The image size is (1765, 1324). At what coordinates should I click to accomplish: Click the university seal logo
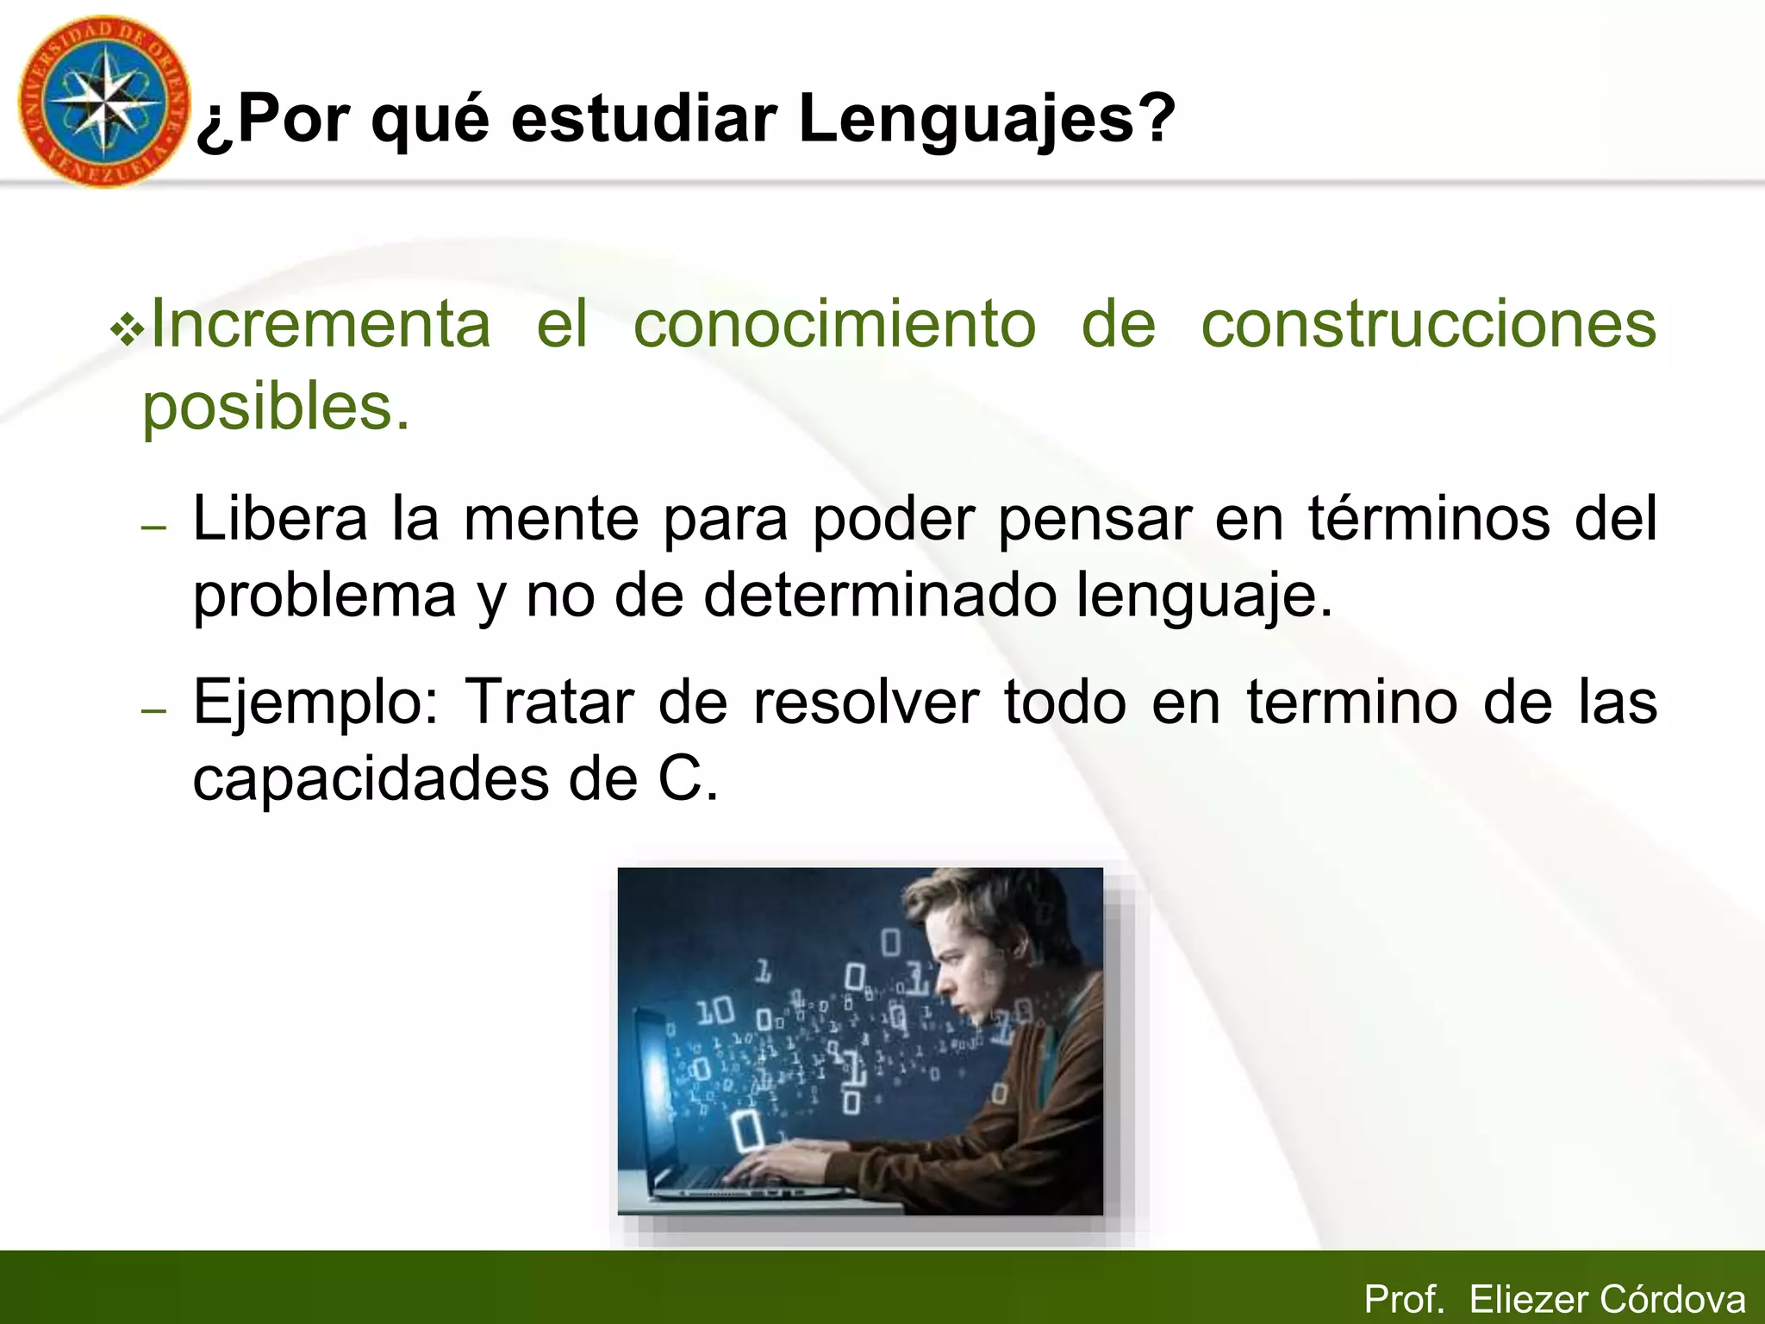(x=103, y=102)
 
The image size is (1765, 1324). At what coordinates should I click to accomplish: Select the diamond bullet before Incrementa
(x=127, y=331)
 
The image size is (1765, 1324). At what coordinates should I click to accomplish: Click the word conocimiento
(x=834, y=324)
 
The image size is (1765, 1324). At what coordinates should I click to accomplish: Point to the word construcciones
(x=1428, y=324)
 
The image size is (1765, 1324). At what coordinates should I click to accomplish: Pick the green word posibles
(x=276, y=407)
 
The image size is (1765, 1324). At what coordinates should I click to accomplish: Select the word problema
(x=323, y=596)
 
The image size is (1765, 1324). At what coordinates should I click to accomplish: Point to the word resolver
(x=866, y=702)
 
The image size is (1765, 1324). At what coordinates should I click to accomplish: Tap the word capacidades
(x=371, y=779)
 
